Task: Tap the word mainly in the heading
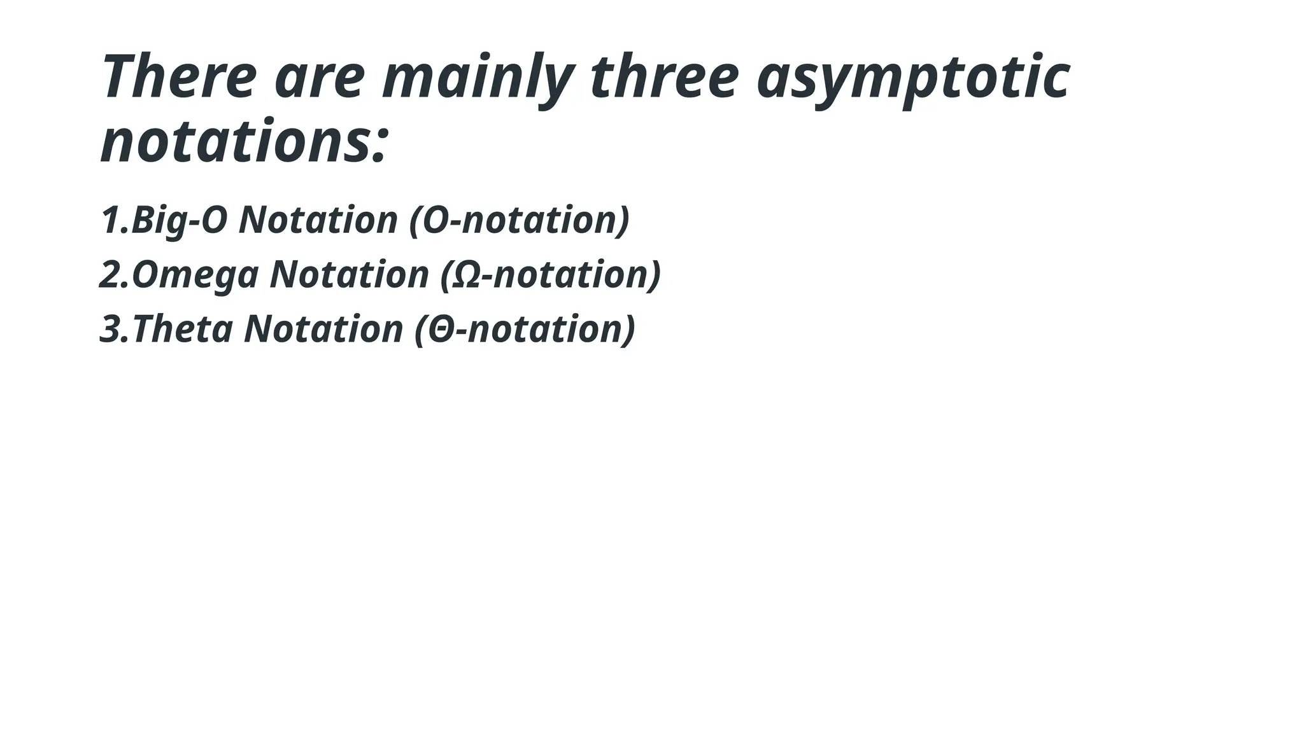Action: click(478, 78)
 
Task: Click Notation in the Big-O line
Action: click(318, 220)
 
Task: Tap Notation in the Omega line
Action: click(349, 275)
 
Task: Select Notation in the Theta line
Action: click(323, 330)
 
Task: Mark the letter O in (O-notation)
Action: click(435, 221)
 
